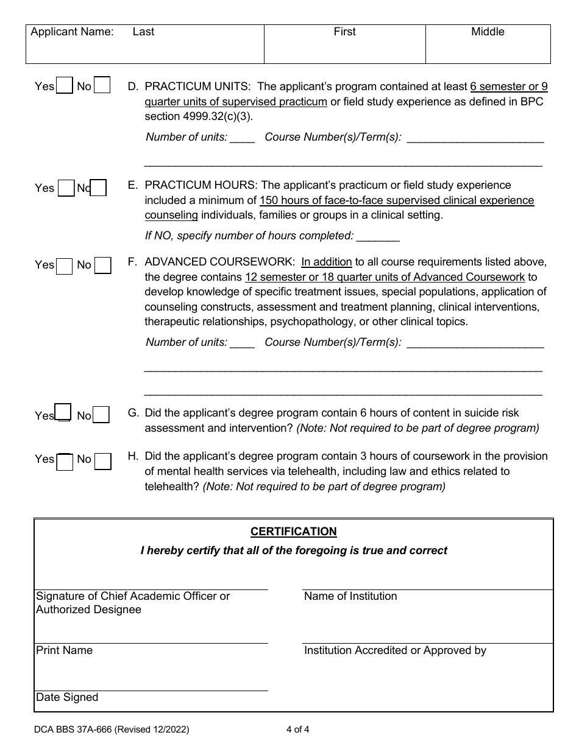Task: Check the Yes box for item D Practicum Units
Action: (x=65, y=85)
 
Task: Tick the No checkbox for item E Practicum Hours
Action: (x=99, y=188)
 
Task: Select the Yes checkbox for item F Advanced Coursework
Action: (x=65, y=266)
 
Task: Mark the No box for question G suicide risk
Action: (x=101, y=415)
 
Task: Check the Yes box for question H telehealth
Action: (x=65, y=462)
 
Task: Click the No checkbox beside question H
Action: (x=103, y=461)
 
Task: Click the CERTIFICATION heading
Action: (x=293, y=532)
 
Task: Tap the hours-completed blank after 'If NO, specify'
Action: (x=378, y=237)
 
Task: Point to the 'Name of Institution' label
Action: (x=350, y=597)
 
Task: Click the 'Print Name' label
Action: (x=65, y=650)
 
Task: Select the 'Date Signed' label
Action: (x=67, y=697)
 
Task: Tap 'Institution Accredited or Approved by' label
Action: (x=395, y=650)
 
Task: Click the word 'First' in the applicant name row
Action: (x=344, y=32)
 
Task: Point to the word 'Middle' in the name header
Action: (x=488, y=32)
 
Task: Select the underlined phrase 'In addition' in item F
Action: (x=327, y=262)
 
